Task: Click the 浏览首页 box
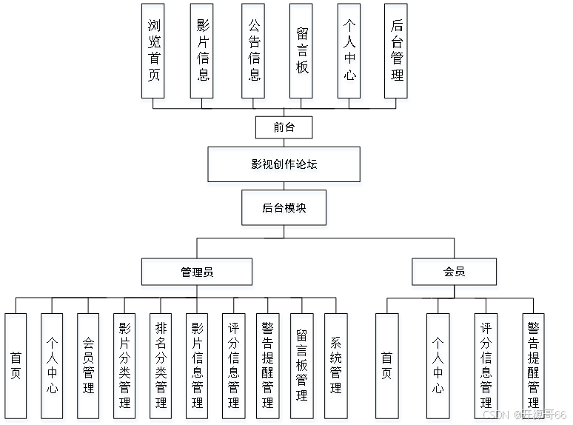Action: coord(154,53)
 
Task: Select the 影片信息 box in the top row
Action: coord(202,53)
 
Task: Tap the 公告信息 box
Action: coord(254,53)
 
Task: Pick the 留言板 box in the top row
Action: coord(301,53)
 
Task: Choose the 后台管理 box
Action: coord(397,53)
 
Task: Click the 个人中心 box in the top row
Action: coord(349,53)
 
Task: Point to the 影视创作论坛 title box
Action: coord(284,166)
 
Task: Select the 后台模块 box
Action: coord(284,210)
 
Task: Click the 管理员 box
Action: coord(197,274)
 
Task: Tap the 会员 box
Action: coord(455,274)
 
